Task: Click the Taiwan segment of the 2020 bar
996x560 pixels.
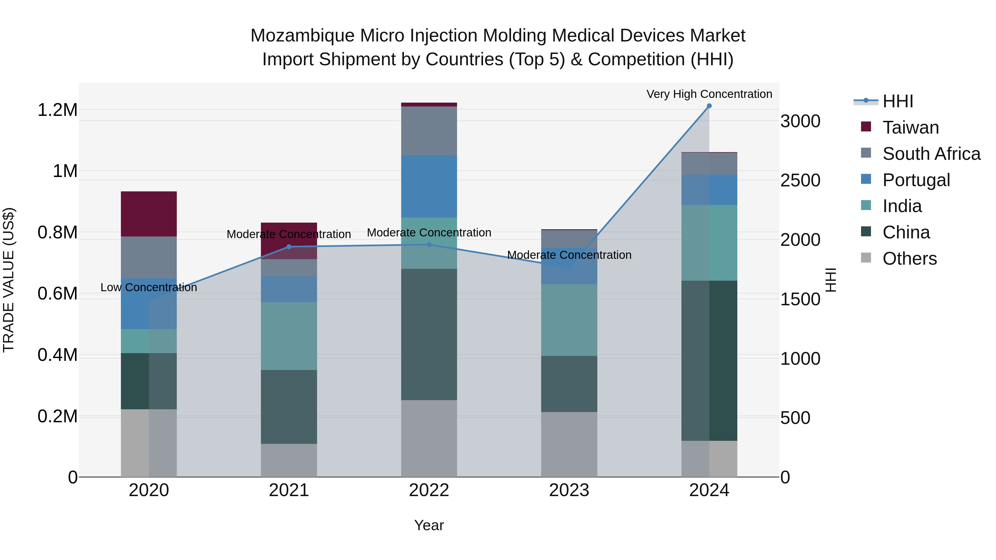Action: coord(149,214)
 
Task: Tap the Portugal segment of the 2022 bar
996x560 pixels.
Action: coord(429,186)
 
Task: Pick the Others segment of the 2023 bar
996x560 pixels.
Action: coord(569,444)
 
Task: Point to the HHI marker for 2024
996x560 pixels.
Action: coord(709,106)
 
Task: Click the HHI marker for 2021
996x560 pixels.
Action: coord(289,247)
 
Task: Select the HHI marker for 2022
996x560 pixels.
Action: coord(429,244)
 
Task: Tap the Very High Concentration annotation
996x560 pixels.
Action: coord(709,94)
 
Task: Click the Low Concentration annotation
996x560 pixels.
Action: coord(149,288)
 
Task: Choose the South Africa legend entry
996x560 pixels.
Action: coord(931,154)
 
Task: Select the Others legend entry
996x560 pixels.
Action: coord(909,259)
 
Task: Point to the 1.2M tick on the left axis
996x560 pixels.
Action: coord(57,110)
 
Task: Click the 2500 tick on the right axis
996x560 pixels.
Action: coord(800,181)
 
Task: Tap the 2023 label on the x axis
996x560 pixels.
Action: coord(569,490)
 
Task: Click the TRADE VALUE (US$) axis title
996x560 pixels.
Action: coord(9,280)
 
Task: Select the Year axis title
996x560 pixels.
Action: coord(429,525)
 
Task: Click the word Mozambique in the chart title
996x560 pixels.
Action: coord(302,36)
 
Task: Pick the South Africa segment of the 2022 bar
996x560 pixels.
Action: coord(429,131)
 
